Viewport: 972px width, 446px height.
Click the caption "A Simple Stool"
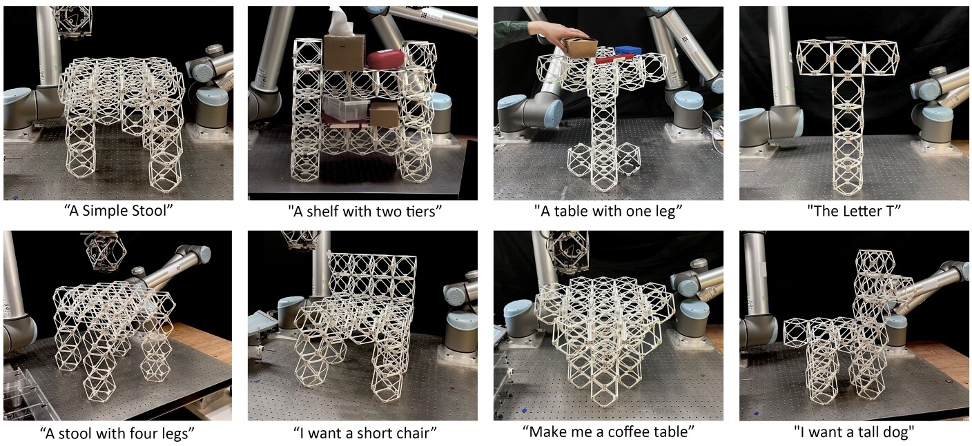pyautogui.click(x=119, y=211)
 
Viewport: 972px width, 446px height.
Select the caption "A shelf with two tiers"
pyautogui.click(x=364, y=211)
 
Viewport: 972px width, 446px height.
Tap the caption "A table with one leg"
pyautogui.click(x=608, y=211)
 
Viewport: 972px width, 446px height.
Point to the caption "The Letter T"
pyautogui.click(x=854, y=211)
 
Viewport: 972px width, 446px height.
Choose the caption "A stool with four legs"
pyautogui.click(x=117, y=433)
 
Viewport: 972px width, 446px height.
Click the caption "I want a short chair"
pyautogui.click(x=364, y=433)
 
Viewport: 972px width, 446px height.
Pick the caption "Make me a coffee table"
pyautogui.click(x=608, y=432)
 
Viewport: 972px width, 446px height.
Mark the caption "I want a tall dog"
pyautogui.click(x=854, y=432)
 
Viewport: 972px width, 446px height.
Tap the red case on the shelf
pyautogui.click(x=386, y=59)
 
